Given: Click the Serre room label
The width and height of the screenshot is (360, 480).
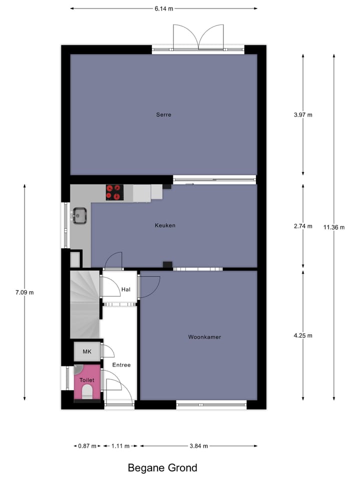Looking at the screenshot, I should [x=163, y=114].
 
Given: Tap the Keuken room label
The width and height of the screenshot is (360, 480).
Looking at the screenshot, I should [x=165, y=225].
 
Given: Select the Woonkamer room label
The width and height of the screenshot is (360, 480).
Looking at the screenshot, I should [x=204, y=337].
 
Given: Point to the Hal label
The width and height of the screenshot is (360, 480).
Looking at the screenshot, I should [x=126, y=289].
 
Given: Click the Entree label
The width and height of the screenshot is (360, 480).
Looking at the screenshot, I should [x=121, y=365].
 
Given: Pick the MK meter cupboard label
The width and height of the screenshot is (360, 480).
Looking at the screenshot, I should [x=87, y=352].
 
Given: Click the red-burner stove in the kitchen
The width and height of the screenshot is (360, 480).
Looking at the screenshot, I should [x=114, y=192].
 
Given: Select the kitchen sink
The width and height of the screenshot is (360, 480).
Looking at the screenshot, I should [x=79, y=215].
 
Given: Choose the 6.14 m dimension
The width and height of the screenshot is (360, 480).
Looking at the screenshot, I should [x=163, y=8].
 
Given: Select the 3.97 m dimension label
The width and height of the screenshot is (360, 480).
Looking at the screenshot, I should [x=303, y=114].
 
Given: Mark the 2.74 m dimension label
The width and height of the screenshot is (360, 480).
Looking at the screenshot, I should [x=303, y=226].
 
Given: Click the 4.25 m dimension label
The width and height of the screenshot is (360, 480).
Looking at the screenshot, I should [x=303, y=335].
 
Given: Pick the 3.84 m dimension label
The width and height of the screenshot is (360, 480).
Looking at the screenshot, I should [x=198, y=446].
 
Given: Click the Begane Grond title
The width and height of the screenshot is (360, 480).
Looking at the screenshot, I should [x=162, y=468].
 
